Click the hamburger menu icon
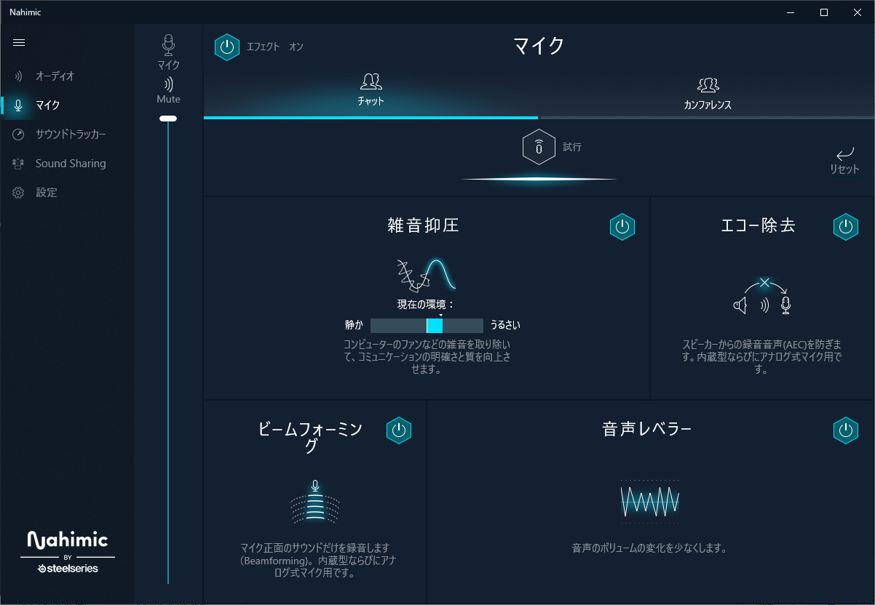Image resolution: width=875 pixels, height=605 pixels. tap(19, 43)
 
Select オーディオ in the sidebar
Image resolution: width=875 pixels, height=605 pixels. tap(55, 76)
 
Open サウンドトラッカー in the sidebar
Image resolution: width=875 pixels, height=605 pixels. tap(71, 135)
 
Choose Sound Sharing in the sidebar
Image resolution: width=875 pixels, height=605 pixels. tap(71, 163)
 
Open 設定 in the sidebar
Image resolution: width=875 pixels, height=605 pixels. tap(47, 193)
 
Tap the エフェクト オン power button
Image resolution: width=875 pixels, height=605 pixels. tap(227, 47)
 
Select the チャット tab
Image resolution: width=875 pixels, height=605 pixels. tap(371, 89)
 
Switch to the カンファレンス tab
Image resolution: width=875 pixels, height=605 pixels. tap(708, 94)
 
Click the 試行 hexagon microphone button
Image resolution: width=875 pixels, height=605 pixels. tap(539, 147)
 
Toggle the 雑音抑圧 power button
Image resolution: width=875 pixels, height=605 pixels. tap(622, 227)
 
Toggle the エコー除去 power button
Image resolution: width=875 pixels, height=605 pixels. tap(846, 227)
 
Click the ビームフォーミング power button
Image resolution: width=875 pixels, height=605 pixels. tap(399, 430)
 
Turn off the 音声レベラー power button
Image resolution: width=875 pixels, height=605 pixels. tap(846, 430)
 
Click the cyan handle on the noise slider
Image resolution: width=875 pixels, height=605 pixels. tap(435, 326)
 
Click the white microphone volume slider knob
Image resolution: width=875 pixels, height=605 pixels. tap(168, 119)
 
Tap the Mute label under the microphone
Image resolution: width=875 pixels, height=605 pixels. tap(168, 99)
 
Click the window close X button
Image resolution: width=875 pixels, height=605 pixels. tap(858, 12)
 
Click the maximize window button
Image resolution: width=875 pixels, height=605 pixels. tap(824, 12)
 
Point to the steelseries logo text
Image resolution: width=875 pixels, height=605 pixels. tap(68, 569)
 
